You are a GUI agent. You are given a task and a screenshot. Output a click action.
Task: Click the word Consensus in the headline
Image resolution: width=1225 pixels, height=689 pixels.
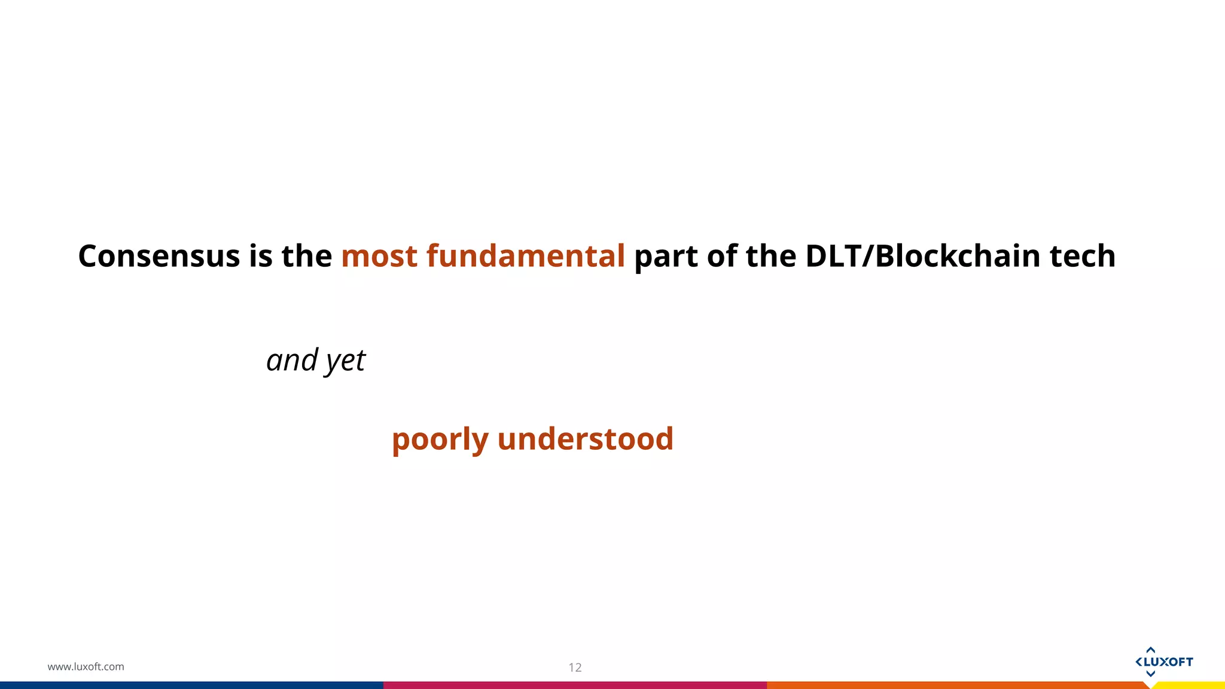(x=159, y=256)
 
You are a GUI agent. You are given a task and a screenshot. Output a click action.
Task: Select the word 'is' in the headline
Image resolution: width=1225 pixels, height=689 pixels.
(x=260, y=256)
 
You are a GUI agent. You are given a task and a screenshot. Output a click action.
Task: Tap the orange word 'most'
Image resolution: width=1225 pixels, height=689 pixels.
(x=379, y=256)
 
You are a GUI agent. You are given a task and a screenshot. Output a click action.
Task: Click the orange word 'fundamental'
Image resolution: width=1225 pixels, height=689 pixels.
(x=526, y=256)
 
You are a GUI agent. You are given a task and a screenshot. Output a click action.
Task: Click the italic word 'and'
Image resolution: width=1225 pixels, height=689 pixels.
(x=292, y=360)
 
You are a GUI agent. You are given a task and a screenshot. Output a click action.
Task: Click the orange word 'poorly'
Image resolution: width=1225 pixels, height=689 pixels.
(x=440, y=440)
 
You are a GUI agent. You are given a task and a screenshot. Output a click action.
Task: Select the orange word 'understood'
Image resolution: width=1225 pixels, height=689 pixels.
(x=585, y=438)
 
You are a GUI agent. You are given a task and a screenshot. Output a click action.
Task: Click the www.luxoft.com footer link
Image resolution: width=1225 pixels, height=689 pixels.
(x=86, y=666)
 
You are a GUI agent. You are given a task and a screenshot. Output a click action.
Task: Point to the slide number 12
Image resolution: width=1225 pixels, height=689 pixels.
(x=575, y=667)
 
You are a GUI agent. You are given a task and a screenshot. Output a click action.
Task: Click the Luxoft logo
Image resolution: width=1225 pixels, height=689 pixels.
(x=1163, y=661)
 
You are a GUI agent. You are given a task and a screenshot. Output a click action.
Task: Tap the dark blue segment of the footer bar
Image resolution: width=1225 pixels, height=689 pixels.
(x=191, y=685)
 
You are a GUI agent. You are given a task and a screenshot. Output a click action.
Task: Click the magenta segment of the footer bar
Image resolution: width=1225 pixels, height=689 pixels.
(x=575, y=685)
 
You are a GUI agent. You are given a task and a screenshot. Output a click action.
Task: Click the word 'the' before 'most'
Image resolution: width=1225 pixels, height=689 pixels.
(x=307, y=256)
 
